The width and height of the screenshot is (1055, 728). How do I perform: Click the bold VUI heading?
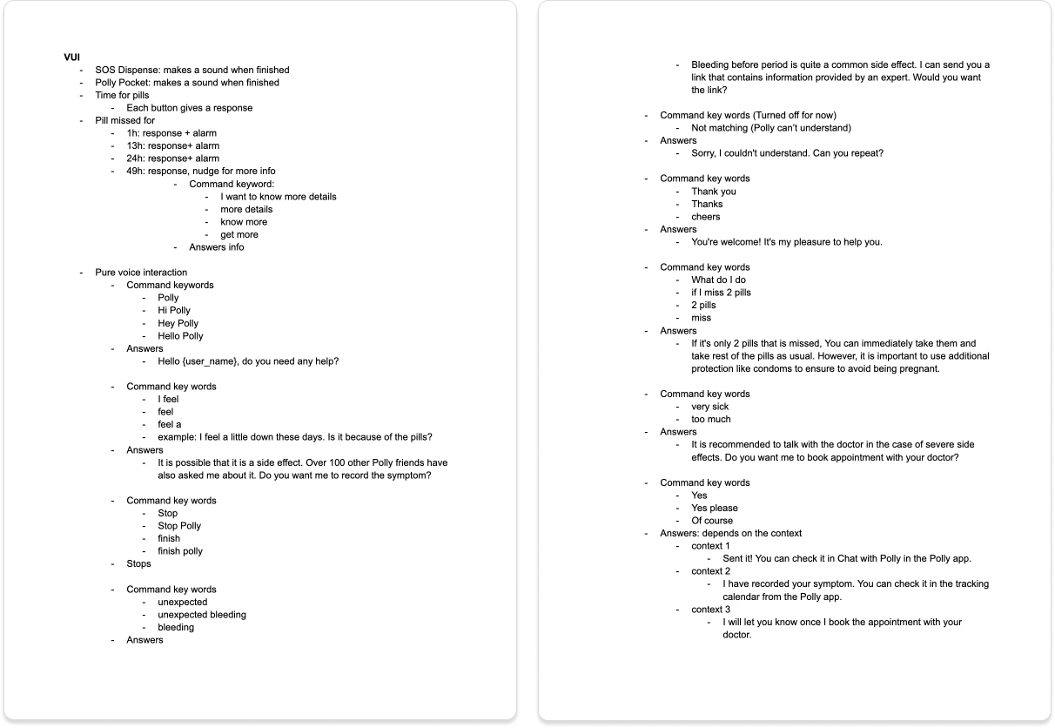tap(72, 57)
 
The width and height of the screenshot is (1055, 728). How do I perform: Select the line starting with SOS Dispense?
tap(192, 70)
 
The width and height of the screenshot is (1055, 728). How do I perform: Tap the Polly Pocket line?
tap(186, 83)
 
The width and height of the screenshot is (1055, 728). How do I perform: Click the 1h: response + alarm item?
tap(171, 133)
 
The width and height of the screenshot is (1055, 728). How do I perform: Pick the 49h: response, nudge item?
tap(200, 172)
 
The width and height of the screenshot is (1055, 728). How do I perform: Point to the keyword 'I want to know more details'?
tap(278, 197)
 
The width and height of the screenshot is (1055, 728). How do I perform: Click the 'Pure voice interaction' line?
tap(141, 273)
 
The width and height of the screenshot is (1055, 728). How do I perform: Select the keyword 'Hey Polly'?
tap(178, 323)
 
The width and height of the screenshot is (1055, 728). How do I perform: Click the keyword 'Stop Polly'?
tap(178, 526)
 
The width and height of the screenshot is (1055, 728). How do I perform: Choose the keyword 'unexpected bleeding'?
tap(201, 615)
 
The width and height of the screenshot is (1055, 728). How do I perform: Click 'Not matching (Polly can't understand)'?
tap(770, 128)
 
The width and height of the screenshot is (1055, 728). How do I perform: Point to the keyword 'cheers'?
tap(705, 217)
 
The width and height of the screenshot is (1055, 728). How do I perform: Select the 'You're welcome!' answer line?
tap(786, 242)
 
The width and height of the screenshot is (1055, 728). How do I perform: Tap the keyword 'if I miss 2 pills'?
tap(721, 293)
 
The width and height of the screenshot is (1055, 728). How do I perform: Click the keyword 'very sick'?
tap(709, 407)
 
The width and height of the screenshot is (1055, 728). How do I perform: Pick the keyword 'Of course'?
tap(711, 521)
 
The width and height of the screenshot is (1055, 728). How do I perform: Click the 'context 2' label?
tap(710, 571)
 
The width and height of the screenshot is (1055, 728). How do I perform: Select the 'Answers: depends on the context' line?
tap(730, 533)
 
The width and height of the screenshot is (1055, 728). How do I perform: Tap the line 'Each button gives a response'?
tap(189, 108)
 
